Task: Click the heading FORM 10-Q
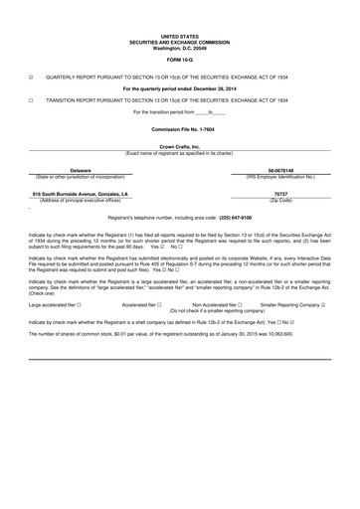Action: click(x=180, y=59)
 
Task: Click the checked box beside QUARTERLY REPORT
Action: click(x=32, y=76)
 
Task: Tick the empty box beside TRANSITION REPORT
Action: click(x=32, y=100)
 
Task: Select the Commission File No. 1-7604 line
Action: click(x=180, y=130)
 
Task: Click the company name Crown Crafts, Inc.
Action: click(x=180, y=147)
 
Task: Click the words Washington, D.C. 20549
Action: click(x=180, y=48)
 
